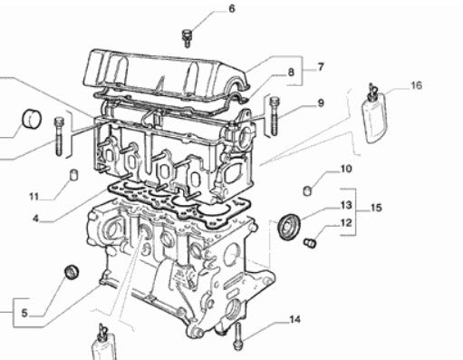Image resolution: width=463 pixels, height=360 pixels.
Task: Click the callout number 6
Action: click(231, 8)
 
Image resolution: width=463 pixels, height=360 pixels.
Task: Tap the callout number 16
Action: click(416, 85)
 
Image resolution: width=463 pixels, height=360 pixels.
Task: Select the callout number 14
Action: click(295, 319)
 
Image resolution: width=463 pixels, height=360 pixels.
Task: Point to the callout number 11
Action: click(34, 197)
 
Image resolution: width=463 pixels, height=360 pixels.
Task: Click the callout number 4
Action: click(36, 219)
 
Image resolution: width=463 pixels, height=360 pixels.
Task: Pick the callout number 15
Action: click(376, 208)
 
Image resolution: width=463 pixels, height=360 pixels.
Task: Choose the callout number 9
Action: click(321, 103)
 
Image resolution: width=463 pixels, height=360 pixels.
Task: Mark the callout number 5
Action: click(24, 313)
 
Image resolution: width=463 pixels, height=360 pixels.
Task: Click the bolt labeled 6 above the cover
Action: click(187, 38)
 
